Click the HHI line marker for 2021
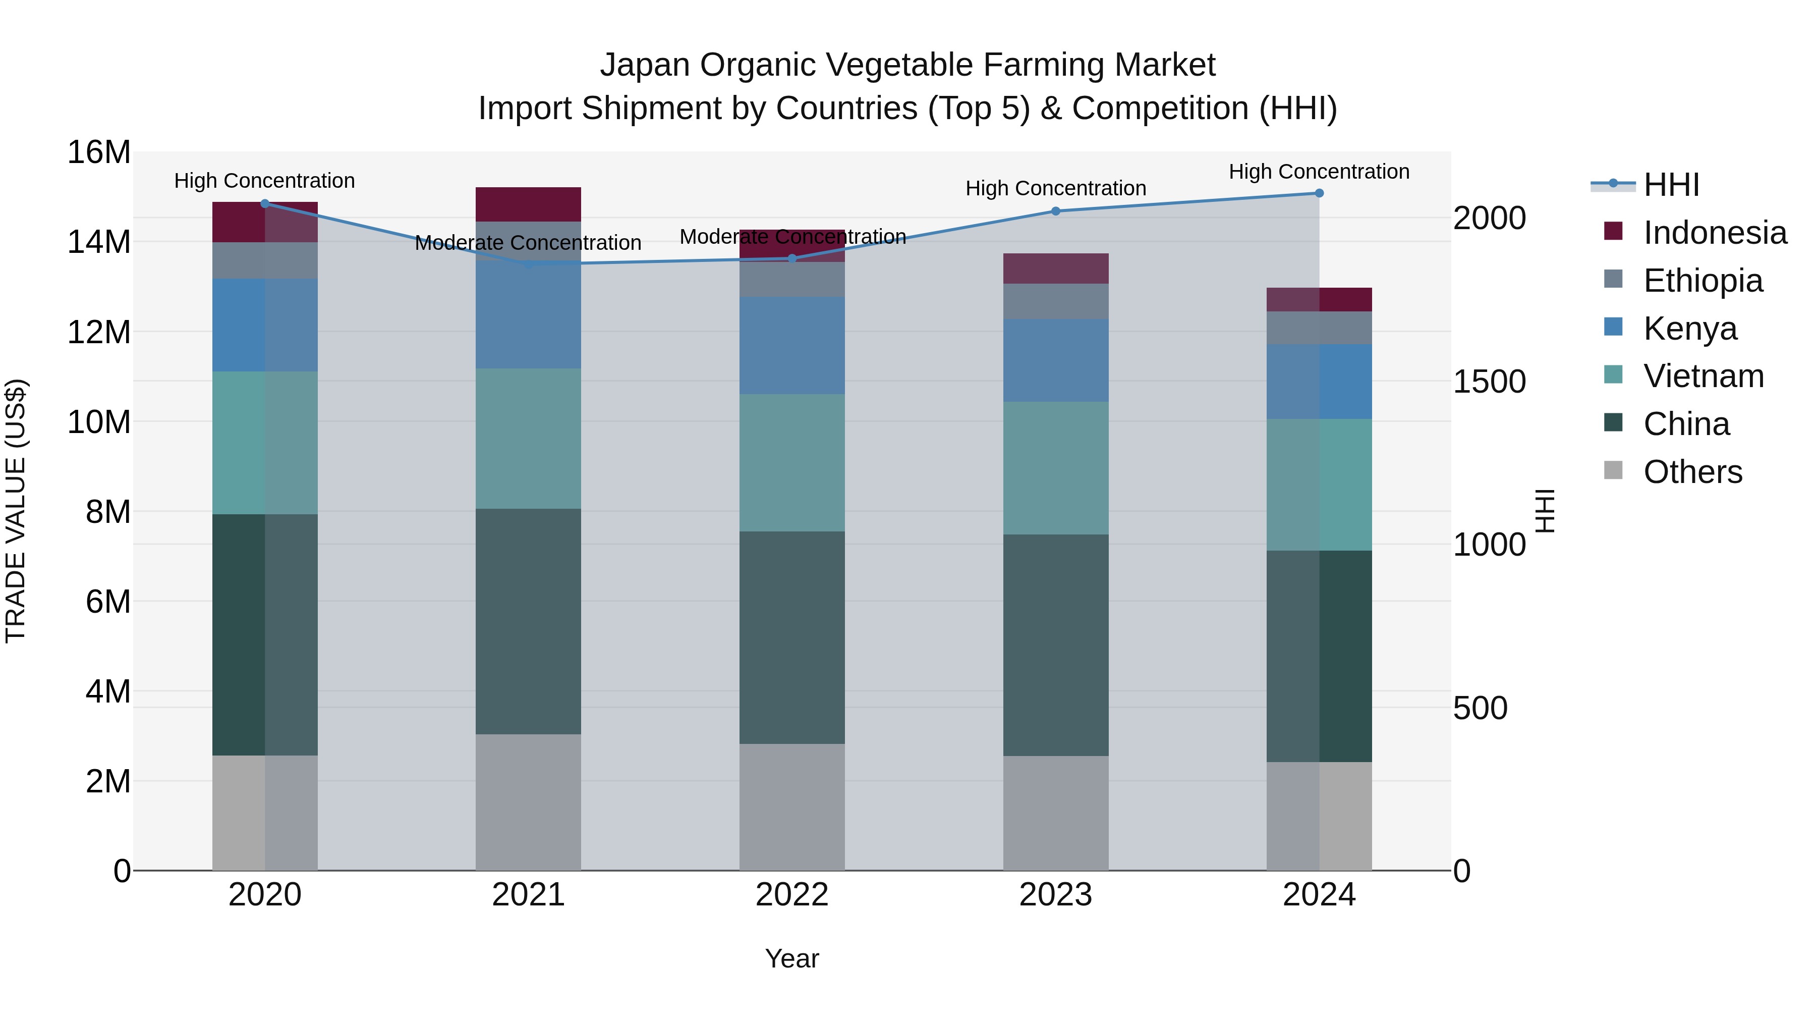(528, 264)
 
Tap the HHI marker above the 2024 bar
(1319, 193)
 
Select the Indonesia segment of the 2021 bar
(528, 204)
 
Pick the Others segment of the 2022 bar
(791, 807)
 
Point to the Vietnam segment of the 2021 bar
(528, 438)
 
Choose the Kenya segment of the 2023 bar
(1055, 360)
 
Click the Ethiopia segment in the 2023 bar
(1055, 301)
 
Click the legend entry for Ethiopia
(1702, 281)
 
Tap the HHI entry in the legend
(1671, 185)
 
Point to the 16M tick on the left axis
(99, 152)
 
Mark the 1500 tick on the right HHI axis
(1489, 382)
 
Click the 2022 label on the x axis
(791, 895)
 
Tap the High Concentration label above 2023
(1055, 188)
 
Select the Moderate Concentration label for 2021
(528, 243)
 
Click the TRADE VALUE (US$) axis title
(16, 511)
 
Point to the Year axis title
(791, 958)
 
